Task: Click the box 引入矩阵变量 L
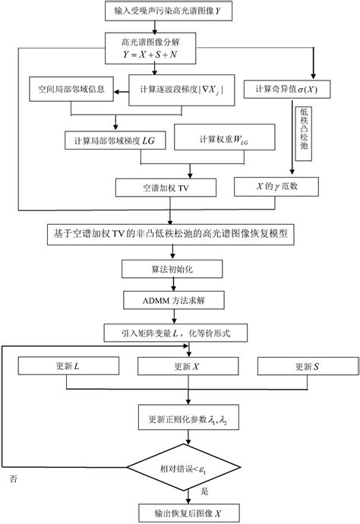pyautogui.click(x=179, y=333)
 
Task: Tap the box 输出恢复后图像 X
pyautogui.click(x=179, y=512)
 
